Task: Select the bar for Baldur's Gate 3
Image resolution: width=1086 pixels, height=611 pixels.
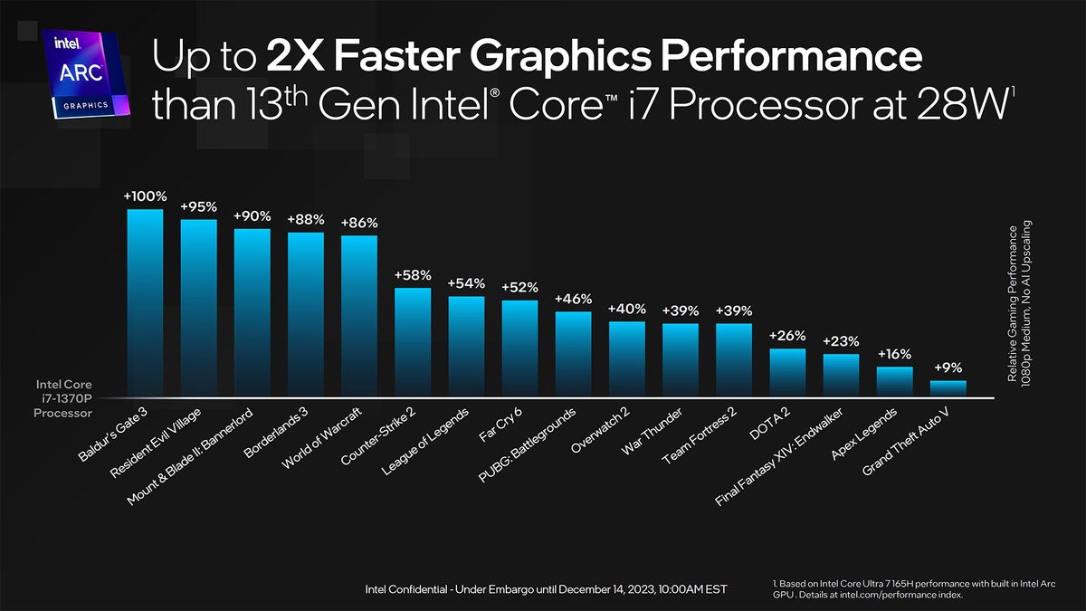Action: coord(145,303)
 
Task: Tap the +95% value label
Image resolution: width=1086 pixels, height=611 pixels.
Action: coord(198,206)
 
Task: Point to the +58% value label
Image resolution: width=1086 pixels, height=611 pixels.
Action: coord(413,274)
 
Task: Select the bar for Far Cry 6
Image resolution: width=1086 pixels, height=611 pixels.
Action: coord(519,348)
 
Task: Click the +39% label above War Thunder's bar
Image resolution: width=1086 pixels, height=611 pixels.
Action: coord(680,310)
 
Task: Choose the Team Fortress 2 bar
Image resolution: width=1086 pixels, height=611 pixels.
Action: coord(734,360)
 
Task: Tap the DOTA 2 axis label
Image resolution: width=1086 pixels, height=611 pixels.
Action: coord(770,424)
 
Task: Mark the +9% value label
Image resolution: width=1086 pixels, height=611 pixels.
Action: coord(948,368)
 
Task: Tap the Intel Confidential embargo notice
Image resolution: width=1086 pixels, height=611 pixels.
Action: coord(545,590)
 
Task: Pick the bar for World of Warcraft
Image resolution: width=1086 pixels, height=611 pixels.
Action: coord(359,317)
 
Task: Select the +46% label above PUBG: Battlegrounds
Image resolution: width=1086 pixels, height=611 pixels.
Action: coord(573,299)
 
